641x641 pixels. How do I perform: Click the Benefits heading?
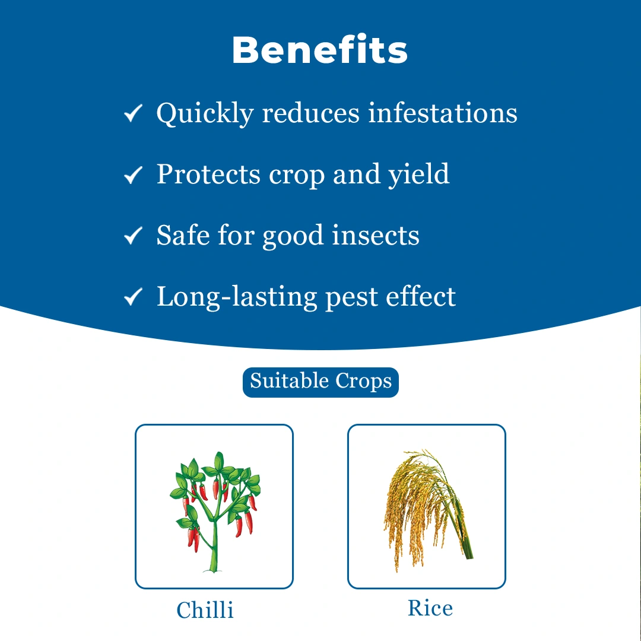click(x=320, y=50)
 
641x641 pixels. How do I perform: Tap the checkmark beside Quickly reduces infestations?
click(x=134, y=113)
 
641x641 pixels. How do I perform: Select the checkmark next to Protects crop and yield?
click(x=134, y=174)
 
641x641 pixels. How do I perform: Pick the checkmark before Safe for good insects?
click(x=134, y=236)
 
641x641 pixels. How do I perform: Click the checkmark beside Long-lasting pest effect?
click(x=134, y=296)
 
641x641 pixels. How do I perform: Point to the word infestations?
click(x=443, y=113)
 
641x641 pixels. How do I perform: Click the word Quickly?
click(x=205, y=115)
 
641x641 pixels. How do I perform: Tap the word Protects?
click(x=208, y=174)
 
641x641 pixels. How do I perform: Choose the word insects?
click(x=376, y=236)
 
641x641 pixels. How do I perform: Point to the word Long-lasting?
click(x=237, y=297)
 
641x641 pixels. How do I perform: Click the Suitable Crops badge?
click(x=320, y=382)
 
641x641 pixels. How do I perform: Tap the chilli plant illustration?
click(x=215, y=512)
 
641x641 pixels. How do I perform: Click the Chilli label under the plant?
click(x=205, y=610)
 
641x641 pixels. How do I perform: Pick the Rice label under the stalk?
click(x=430, y=608)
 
